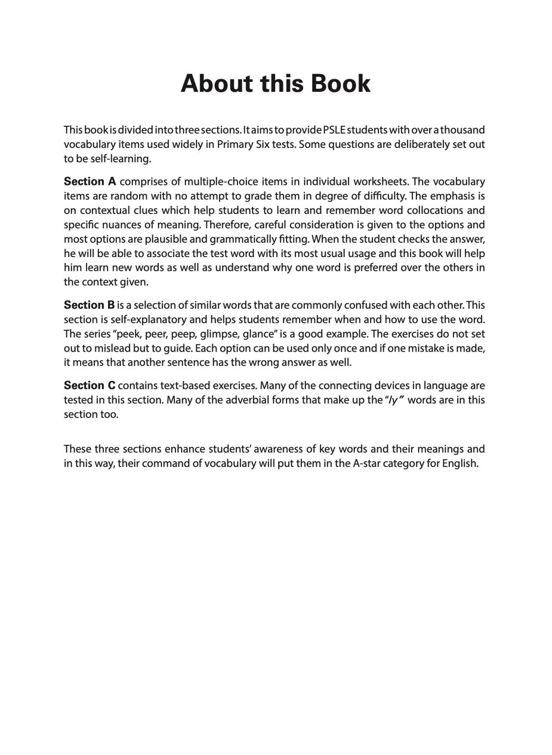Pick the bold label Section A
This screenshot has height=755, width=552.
pos(90,182)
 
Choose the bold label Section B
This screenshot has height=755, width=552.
pos(89,305)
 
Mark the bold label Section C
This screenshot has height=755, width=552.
pos(89,386)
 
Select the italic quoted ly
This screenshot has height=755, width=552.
pos(393,400)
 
